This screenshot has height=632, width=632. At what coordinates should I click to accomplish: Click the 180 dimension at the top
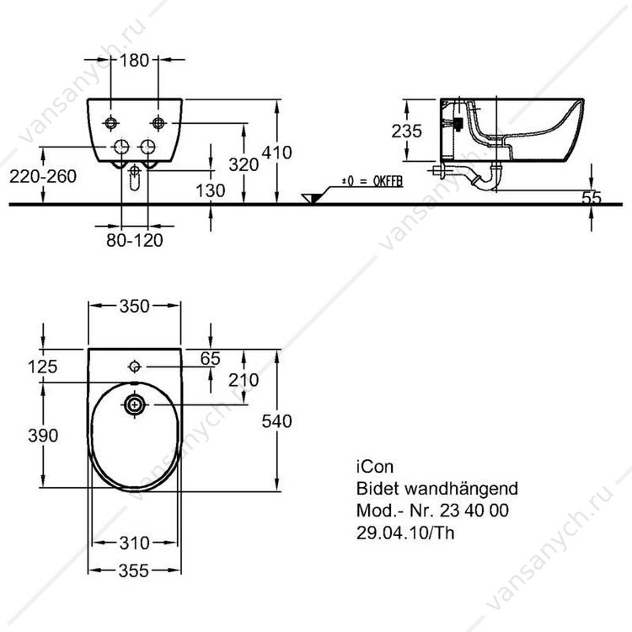(x=134, y=61)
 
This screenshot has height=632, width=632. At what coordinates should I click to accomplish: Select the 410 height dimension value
(x=277, y=153)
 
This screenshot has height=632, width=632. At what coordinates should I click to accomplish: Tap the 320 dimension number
(x=244, y=164)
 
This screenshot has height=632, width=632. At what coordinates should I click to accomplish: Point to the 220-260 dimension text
(x=43, y=177)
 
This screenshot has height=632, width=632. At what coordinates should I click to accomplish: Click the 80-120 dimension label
(x=135, y=240)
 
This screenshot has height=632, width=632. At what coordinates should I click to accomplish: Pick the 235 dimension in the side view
(x=407, y=131)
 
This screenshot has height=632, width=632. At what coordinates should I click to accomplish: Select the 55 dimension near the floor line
(x=592, y=197)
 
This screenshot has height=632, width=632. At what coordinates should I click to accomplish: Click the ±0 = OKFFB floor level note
(x=372, y=181)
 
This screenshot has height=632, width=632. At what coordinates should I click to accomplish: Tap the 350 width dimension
(x=135, y=307)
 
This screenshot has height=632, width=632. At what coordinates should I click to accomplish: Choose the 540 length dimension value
(x=277, y=421)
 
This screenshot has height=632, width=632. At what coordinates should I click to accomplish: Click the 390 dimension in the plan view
(x=43, y=436)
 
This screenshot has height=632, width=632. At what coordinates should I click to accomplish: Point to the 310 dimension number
(x=135, y=543)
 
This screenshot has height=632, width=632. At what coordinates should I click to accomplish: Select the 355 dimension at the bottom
(x=134, y=570)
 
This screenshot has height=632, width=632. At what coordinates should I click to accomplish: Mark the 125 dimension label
(x=43, y=367)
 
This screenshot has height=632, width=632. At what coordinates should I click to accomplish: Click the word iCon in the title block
(x=375, y=467)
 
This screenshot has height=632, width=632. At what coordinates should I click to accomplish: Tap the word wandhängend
(x=461, y=489)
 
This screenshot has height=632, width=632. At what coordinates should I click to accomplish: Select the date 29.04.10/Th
(x=405, y=533)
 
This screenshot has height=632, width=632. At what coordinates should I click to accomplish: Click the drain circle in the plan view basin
(x=134, y=404)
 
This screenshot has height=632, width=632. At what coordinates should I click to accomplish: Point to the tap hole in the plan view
(x=134, y=367)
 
